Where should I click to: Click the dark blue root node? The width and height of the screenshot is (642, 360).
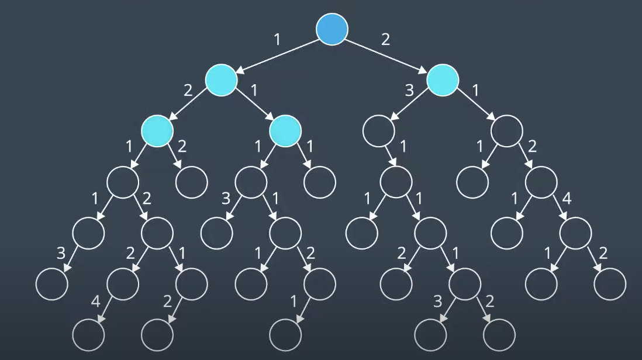(332, 29)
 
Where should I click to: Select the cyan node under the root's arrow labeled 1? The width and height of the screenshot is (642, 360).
(221, 80)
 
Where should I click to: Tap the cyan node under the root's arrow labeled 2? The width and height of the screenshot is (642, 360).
(443, 80)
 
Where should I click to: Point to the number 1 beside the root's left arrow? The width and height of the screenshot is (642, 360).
(277, 40)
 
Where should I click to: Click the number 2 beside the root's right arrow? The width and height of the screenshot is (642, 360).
(385, 40)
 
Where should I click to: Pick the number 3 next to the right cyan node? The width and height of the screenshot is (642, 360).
(410, 91)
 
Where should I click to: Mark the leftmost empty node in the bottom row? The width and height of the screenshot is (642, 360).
(88, 335)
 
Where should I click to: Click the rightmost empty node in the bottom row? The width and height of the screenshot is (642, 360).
(499, 335)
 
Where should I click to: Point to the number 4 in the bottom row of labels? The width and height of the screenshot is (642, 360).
(96, 302)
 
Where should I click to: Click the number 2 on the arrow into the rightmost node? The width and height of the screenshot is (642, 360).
(603, 254)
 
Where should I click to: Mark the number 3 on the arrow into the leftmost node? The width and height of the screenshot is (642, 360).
(61, 254)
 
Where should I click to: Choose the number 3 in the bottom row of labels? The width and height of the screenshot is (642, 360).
(437, 302)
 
